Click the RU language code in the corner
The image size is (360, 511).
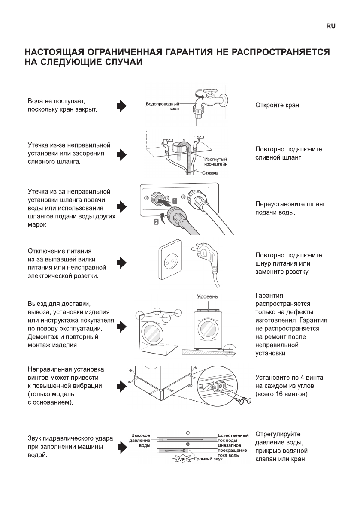(330, 26)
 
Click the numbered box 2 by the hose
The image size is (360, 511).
(156, 221)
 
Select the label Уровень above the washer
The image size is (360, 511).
(208, 296)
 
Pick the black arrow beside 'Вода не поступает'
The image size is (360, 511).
(122, 106)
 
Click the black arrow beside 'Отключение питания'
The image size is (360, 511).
(122, 263)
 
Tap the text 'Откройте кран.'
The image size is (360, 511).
(278, 106)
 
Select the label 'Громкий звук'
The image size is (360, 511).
(209, 459)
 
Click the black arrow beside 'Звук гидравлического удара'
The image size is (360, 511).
(122, 448)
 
